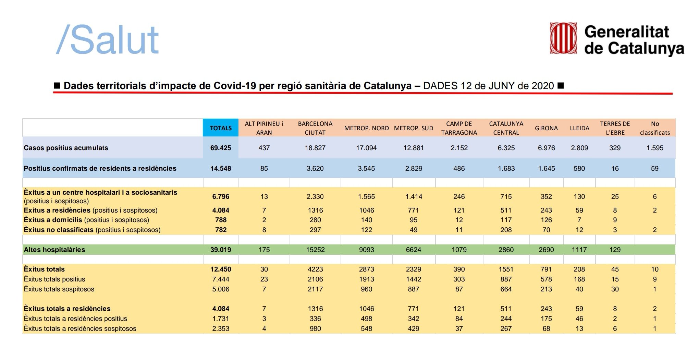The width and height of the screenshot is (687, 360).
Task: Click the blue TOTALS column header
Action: click(221, 128)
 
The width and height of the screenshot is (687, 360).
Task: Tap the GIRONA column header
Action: click(546, 128)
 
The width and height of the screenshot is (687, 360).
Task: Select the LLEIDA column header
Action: click(579, 128)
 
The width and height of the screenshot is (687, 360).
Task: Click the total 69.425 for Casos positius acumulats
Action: click(221, 148)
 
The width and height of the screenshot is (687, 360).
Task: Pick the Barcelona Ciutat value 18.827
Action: click(315, 148)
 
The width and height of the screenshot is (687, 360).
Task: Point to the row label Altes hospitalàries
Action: click(54, 250)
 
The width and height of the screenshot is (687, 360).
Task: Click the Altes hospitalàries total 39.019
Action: click(221, 250)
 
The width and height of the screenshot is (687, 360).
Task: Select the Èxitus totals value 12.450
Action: click(221, 269)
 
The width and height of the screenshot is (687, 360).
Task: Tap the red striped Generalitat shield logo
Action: click(563, 38)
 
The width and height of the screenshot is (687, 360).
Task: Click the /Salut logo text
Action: click(108, 40)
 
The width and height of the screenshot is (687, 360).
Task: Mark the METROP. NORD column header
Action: click(366, 128)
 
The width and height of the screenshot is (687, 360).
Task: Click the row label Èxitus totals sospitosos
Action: click(59, 289)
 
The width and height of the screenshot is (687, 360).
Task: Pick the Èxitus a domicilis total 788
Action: click(221, 220)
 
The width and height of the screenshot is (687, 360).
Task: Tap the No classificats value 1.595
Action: click(655, 148)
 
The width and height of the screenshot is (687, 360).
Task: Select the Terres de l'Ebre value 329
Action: click(615, 148)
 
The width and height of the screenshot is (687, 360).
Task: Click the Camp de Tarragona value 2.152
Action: click(459, 148)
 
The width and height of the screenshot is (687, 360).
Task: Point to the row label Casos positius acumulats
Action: click(66, 148)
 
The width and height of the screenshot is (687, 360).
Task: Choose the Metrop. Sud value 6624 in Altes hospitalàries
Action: click(413, 250)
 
